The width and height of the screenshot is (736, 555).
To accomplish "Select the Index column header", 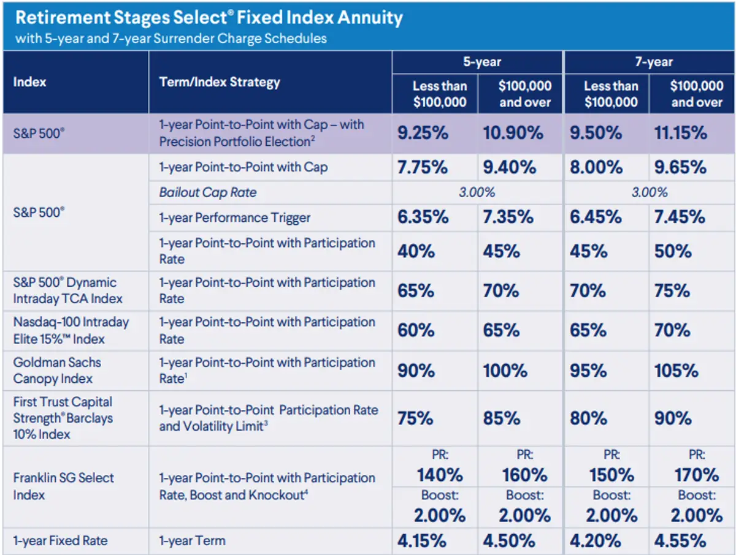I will coord(29,81).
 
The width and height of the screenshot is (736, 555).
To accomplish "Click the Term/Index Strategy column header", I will coord(220,81).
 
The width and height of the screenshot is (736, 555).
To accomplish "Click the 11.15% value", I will coord(681,133).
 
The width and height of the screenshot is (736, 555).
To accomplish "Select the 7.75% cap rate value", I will coord(423,168).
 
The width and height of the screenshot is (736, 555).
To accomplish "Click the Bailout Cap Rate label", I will coord(208,192).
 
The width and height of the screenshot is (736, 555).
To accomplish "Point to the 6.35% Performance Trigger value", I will coord(423,217).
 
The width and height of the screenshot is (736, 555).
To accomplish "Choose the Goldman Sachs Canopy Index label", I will coord(57,370).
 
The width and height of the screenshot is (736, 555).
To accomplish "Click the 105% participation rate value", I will coord(676,371).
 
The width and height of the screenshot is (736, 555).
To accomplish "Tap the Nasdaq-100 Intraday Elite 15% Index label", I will coord(71,330).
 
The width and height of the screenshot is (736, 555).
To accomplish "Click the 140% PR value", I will coord(440,475).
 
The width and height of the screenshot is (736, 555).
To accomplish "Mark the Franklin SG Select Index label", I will coord(63,486).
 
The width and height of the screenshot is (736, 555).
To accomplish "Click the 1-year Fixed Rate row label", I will coord(60,541).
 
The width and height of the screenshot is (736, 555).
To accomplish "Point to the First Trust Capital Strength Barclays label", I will coord(63,418).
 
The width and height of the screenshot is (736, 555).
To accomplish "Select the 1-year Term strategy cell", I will coord(192,541).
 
